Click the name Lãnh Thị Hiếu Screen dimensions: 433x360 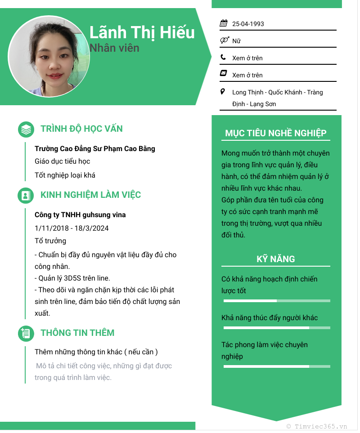(142, 32)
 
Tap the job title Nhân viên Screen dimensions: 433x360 (114, 48)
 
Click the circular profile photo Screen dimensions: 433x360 (49, 56)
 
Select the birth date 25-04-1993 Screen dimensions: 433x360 (248, 24)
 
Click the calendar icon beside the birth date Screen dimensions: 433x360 (224, 23)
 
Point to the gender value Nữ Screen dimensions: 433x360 (236, 41)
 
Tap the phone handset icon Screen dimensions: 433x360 (223, 58)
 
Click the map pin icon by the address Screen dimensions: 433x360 (223, 92)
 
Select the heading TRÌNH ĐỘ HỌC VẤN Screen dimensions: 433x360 (81, 129)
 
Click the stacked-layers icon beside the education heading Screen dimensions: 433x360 (26, 129)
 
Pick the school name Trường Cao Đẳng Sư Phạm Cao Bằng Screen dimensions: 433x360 (95, 148)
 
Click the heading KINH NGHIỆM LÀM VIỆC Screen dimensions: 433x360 (90, 195)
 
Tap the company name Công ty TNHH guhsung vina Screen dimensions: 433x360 (80, 215)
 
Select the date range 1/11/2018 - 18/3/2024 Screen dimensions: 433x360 (72, 228)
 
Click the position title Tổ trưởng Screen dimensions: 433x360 (50, 241)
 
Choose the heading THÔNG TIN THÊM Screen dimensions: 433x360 (77, 333)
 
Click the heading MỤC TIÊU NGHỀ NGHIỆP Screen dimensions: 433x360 (276, 133)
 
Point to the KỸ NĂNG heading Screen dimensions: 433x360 (276, 259)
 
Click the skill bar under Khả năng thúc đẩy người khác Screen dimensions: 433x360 (276, 328)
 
